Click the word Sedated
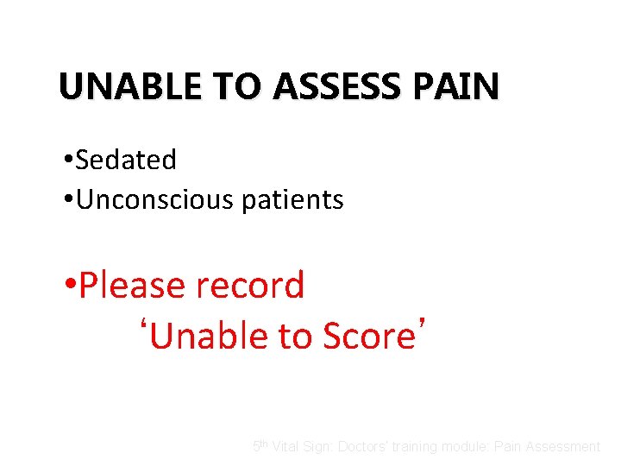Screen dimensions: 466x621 pyautogui.click(x=126, y=160)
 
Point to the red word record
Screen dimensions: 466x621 pyautogui.click(x=254, y=286)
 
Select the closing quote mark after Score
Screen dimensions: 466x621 pyautogui.click(x=422, y=325)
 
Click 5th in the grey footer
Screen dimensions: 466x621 pyautogui.click(x=260, y=446)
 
